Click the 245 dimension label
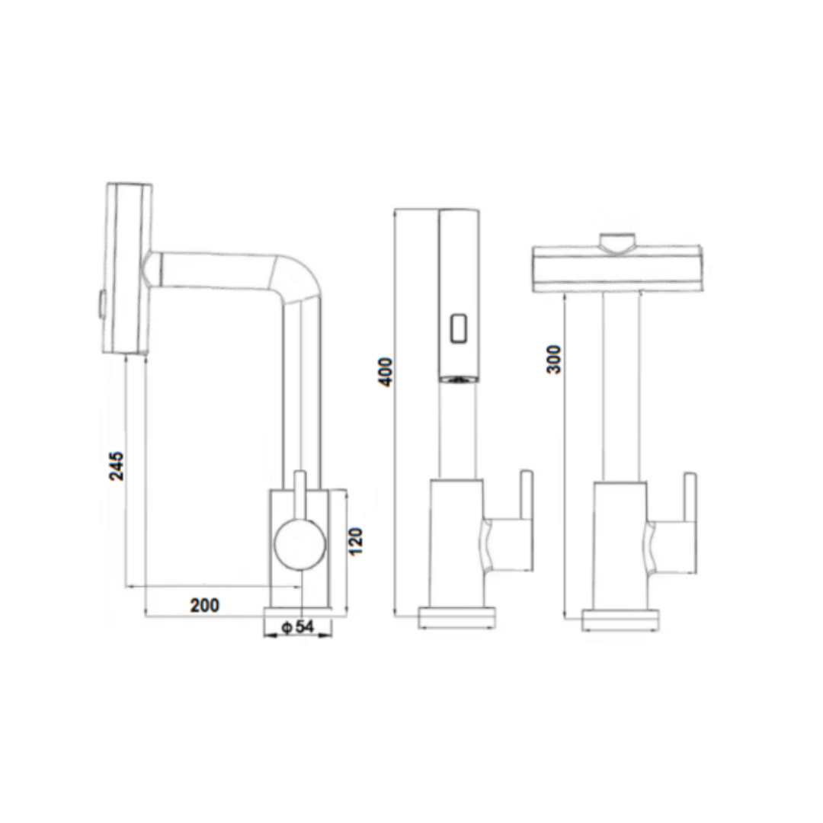click(x=117, y=466)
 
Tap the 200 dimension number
click(x=205, y=605)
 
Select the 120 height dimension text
click(x=355, y=542)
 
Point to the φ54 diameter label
click(x=298, y=626)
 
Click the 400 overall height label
click(x=386, y=372)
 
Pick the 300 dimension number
click(x=554, y=359)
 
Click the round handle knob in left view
click(x=299, y=545)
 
